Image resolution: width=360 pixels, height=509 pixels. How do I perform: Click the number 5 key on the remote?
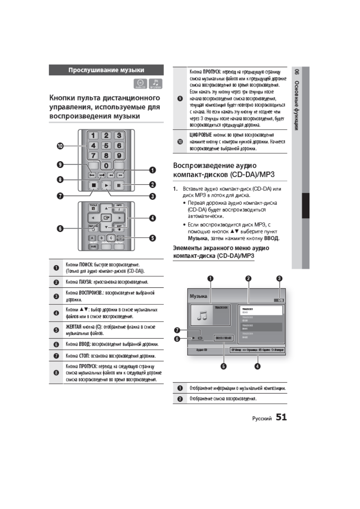point(106,146)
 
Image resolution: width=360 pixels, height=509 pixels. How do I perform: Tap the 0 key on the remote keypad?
point(106,166)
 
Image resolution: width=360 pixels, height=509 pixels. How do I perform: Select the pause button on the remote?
point(119,185)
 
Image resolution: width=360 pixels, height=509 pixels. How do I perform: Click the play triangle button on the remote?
point(106,185)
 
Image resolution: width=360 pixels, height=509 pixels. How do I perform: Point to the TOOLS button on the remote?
point(93,208)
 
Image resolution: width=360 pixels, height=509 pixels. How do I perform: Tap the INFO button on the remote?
point(119,208)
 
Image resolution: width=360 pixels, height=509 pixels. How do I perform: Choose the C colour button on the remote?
point(111,238)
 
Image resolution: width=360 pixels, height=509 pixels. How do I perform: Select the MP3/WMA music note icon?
point(155,83)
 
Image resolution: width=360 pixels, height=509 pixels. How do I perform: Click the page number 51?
point(281,417)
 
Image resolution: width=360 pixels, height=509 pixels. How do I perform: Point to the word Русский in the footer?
point(262,419)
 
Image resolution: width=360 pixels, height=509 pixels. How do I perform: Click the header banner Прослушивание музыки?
point(106,70)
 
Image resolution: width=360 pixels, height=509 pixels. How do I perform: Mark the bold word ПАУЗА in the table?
point(86,282)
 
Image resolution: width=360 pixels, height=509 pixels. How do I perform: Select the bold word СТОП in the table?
point(84,356)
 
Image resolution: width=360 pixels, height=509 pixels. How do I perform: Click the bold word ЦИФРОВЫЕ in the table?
point(200,135)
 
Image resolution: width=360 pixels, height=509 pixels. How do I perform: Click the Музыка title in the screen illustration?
point(198,296)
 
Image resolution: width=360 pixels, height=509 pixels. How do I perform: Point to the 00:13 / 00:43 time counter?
point(223,338)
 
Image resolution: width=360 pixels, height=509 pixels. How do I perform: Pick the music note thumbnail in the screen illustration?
point(202,316)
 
